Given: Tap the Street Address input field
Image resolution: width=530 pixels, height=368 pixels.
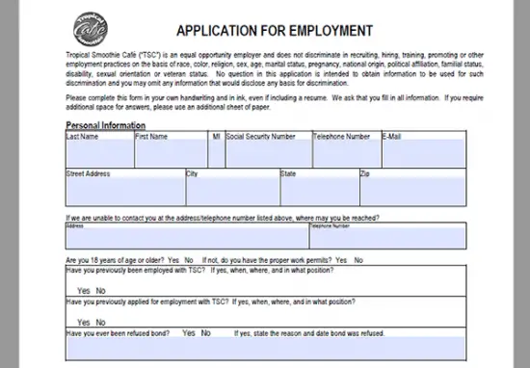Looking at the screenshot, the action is coord(123,190).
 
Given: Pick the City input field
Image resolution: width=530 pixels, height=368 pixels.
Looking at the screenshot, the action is coord(230,190).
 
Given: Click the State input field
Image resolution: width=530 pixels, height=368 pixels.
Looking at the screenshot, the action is coord(317,190).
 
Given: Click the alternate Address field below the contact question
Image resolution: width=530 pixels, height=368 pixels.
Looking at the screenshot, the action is coord(185,238).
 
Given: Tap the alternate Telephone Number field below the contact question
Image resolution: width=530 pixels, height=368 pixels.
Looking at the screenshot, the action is coord(385,238).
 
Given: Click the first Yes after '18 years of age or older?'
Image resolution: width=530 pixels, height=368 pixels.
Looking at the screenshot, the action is coord(173,260).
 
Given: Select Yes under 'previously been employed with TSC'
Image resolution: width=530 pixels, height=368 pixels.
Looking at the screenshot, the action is coord(74,291).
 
